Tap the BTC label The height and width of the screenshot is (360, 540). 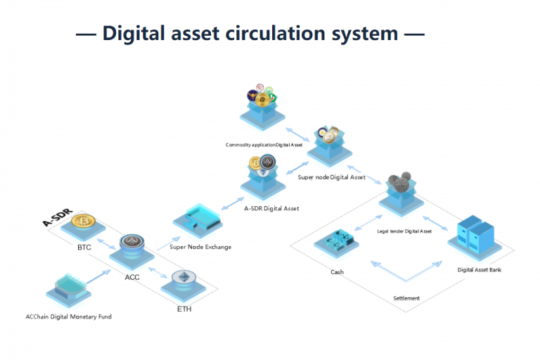[84, 247]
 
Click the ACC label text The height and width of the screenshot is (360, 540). [132, 277]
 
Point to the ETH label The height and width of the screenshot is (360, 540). [184, 309]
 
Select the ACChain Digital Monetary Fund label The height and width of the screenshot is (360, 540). [69, 316]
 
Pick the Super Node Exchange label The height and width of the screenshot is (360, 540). [200, 247]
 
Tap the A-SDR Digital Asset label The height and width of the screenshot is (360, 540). [271, 208]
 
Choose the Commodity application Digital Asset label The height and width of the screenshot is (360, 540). [264, 145]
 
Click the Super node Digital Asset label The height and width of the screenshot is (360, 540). [331, 177]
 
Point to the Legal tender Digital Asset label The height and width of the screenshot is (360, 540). [404, 231]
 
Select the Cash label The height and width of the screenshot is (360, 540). [337, 272]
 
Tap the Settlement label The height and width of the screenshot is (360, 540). [406, 298]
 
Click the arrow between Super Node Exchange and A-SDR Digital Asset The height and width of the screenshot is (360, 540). [233, 202]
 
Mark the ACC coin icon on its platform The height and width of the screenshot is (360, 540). [131, 244]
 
